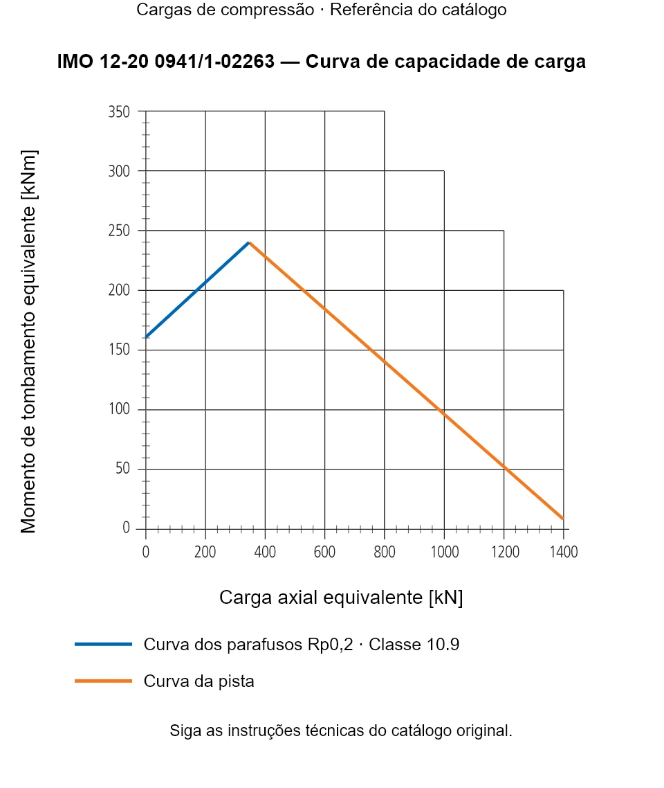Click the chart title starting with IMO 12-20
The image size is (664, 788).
(321, 62)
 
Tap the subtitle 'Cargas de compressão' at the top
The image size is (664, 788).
(225, 10)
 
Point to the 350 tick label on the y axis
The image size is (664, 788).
(119, 111)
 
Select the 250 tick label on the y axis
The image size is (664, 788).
(119, 231)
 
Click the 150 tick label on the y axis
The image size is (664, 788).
(119, 349)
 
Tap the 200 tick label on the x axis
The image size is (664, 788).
(205, 552)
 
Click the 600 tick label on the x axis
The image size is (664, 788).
(324, 552)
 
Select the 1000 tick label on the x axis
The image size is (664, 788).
(445, 552)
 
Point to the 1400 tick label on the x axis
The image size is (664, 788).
(564, 552)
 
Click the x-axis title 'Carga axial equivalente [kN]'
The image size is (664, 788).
(341, 598)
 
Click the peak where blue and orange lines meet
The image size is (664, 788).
(249, 242)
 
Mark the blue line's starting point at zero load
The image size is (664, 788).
(146, 337)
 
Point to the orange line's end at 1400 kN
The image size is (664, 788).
(563, 518)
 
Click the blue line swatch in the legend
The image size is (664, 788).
(103, 644)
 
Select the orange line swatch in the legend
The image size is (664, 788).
(103, 681)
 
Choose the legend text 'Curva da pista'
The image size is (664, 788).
(199, 681)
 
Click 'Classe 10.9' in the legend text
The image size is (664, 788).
(414, 644)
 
